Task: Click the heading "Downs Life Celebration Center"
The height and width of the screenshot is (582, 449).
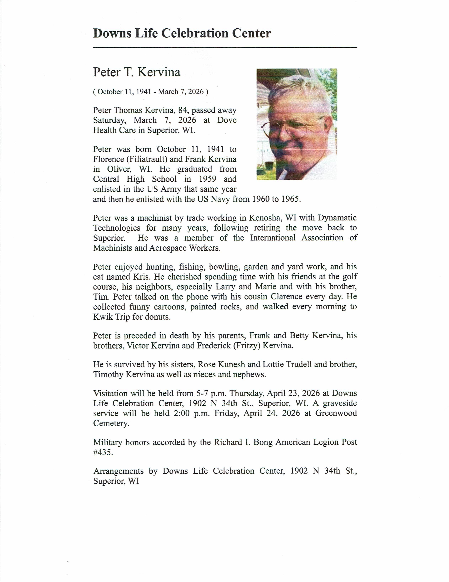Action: coord(182,34)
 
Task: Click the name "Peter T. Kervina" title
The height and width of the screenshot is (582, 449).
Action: coord(137,72)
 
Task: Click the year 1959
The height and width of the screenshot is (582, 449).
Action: coord(207,179)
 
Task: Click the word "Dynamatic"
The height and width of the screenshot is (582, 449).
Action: coord(337,218)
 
